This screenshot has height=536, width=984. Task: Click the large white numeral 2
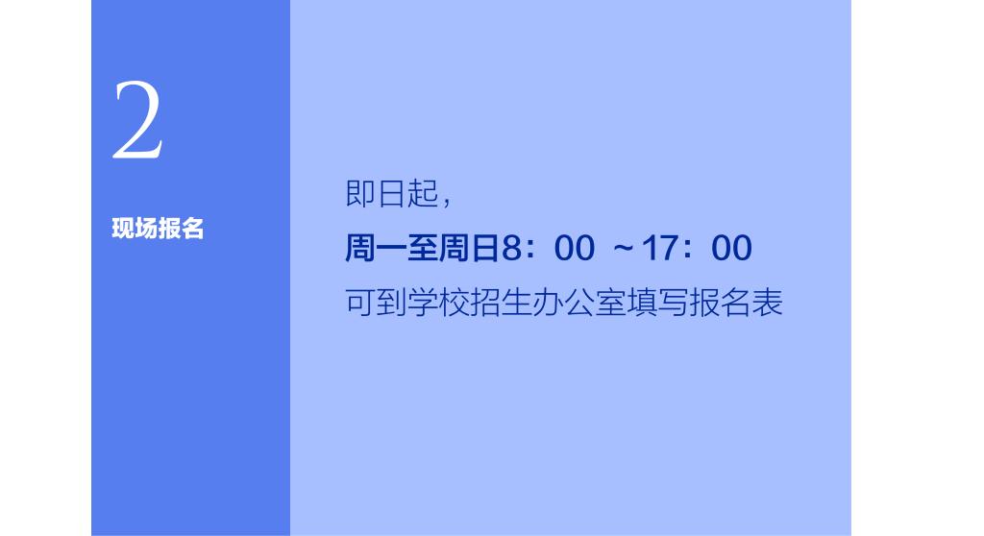click(x=138, y=120)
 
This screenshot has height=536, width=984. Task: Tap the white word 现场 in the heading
click(x=135, y=229)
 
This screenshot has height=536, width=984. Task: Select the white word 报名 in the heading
click(x=181, y=229)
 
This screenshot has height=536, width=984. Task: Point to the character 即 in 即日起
click(x=360, y=193)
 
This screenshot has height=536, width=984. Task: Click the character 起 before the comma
click(x=423, y=193)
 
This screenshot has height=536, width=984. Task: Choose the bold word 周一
click(x=376, y=247)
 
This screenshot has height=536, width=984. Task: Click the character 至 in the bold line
click(x=423, y=247)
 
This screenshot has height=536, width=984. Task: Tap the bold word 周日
click(x=469, y=247)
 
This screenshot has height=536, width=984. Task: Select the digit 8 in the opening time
click(x=511, y=248)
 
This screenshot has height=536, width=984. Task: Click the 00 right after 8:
click(x=575, y=248)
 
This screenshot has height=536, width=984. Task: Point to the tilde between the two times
click(x=623, y=248)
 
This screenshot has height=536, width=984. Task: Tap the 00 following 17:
click(x=731, y=248)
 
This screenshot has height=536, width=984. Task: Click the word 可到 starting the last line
click(x=376, y=303)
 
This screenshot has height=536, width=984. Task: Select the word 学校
click(x=438, y=303)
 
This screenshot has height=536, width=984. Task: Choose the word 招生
click(x=500, y=303)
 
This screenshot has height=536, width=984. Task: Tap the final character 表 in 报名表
click(x=767, y=303)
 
